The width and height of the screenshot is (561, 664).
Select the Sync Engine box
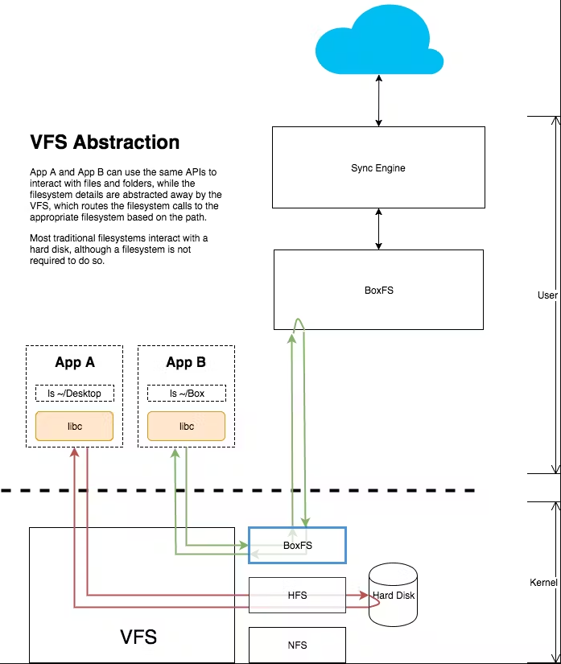point(378,168)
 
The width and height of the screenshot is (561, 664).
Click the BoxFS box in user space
point(378,290)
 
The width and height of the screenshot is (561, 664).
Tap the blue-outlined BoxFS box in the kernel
point(297,545)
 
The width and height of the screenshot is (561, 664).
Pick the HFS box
point(297,595)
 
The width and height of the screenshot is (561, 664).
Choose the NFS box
point(297,645)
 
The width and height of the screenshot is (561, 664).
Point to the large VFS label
point(138,637)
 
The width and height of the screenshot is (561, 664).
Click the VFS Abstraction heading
point(105,142)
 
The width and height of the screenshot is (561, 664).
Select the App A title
point(75,362)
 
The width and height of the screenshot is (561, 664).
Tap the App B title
point(186,362)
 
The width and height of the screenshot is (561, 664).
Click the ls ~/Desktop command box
point(75,394)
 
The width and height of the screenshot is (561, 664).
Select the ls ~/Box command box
point(186,394)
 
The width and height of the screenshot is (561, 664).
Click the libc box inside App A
point(75,427)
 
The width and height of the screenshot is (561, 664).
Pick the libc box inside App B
point(186,427)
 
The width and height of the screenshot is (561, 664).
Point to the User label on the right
point(547,295)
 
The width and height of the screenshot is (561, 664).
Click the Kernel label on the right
point(543,582)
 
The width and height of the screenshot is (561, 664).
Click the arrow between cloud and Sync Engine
point(378,102)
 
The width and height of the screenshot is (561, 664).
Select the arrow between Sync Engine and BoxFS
point(378,229)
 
